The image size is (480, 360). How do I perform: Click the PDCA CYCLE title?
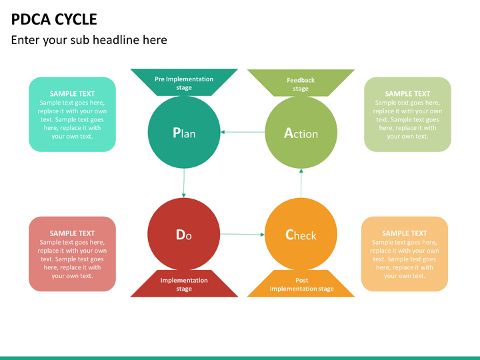(54, 19)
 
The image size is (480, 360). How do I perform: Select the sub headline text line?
(89, 40)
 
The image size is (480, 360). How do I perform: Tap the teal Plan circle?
(184, 132)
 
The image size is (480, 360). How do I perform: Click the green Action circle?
(301, 132)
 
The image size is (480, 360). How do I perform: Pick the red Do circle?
(184, 234)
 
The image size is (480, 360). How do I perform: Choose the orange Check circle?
(301, 234)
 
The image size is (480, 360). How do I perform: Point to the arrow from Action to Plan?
(243, 132)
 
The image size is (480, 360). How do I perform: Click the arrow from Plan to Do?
(184, 183)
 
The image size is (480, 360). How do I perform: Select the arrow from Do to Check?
(242, 234)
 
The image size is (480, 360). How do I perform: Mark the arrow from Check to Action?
(301, 183)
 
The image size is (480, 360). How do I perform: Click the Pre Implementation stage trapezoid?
(184, 83)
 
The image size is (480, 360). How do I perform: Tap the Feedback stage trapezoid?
(301, 83)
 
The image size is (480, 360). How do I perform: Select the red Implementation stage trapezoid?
(184, 283)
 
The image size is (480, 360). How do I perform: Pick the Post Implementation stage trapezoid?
(301, 283)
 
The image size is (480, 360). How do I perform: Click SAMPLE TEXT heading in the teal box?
(72, 94)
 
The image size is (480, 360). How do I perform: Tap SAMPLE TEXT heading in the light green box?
(407, 94)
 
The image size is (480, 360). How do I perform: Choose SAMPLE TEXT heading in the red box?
(72, 233)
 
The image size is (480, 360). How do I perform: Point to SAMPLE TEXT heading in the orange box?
(405, 233)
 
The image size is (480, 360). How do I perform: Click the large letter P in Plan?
(176, 133)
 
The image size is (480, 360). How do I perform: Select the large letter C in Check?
(289, 235)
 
